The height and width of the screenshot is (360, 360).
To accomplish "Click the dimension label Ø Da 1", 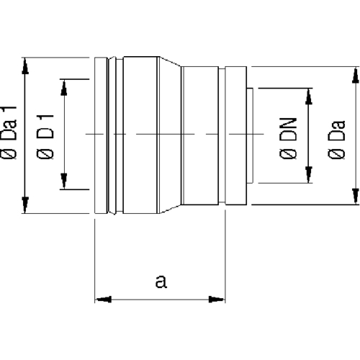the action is click(x=9, y=132).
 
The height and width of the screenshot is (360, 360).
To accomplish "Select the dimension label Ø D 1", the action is click(x=45, y=137).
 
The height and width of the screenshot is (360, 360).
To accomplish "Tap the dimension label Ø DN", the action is click(x=288, y=138).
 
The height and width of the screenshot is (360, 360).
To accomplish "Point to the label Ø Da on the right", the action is click(x=336, y=139).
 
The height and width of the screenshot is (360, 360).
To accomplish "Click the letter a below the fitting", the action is click(x=161, y=282).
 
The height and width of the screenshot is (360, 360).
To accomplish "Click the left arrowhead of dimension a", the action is click(x=103, y=300).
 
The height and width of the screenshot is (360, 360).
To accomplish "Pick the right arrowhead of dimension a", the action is click(x=217, y=300).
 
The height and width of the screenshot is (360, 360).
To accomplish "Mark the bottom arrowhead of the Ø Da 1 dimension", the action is click(x=25, y=205).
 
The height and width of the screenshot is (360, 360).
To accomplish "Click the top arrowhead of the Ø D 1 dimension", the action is click(x=64, y=87).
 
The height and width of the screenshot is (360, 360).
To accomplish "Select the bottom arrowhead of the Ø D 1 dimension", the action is click(x=64, y=181).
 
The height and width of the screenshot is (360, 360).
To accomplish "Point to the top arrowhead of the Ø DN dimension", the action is click(x=309, y=96).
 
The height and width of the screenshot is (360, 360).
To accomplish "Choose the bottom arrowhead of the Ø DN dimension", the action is click(x=309, y=174).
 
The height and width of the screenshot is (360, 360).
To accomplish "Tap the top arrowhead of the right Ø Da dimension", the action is click(x=356, y=75).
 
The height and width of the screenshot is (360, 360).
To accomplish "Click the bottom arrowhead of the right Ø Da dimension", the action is click(x=356, y=197).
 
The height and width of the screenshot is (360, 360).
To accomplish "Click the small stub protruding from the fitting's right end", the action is click(x=250, y=135).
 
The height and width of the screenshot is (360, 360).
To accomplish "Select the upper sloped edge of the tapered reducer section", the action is click(x=170, y=61).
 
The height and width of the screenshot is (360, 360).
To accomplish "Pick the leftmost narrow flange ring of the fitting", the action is click(x=101, y=135).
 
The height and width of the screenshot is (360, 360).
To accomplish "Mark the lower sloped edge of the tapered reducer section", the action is click(x=170, y=209).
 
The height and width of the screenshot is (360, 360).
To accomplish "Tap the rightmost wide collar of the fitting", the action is click(x=236, y=135).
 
